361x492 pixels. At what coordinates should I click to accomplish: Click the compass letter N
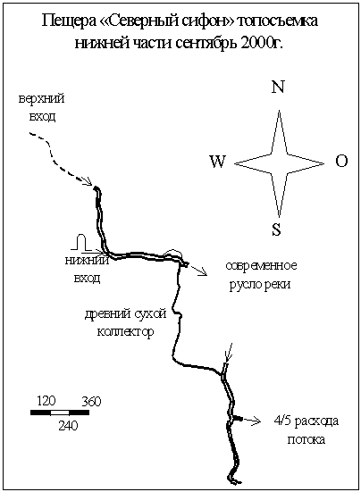pos(278,87)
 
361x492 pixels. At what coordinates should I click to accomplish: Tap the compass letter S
pos(276,229)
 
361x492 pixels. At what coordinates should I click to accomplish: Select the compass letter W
pos(217,162)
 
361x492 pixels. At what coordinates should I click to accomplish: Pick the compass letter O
pos(341,161)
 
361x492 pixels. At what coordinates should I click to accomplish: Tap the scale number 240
pos(68,426)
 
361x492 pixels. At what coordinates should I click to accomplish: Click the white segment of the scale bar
pos(60,413)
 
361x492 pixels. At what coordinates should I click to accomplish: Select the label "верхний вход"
pos(42,108)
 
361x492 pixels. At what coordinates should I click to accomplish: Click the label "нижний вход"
pos(88,270)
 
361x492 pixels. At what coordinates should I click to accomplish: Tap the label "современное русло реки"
pos(261,275)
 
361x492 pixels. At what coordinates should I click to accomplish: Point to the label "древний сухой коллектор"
pos(126,323)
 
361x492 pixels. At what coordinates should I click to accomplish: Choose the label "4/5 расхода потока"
pos(306,429)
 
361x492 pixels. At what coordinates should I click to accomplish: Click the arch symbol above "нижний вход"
pos(81,242)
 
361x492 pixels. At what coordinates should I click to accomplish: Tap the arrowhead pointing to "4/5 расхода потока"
pos(257,421)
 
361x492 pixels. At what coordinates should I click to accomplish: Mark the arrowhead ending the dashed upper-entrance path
pos(88,181)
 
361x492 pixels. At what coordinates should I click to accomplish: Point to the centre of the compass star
pos(279,163)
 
